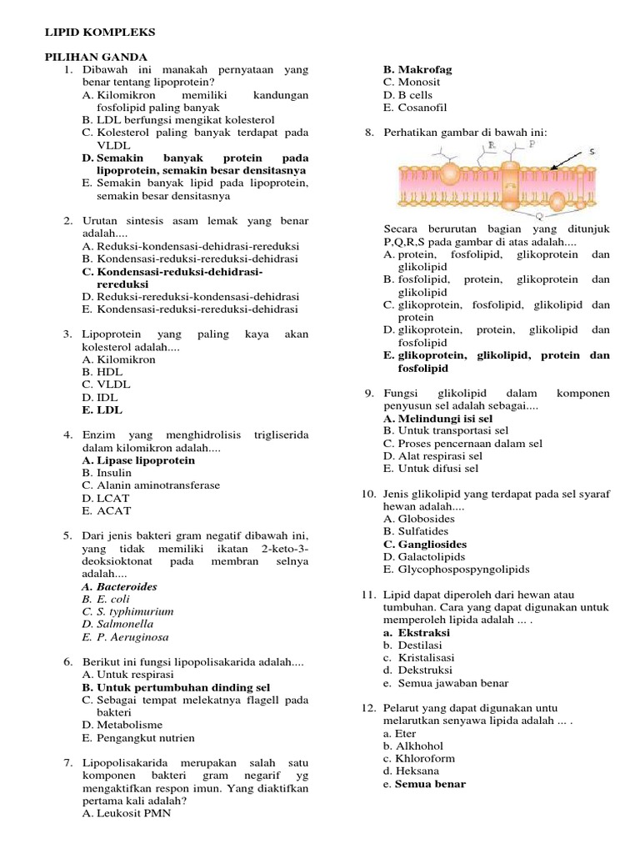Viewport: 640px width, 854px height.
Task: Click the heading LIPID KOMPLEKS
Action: pyautogui.click(x=98, y=32)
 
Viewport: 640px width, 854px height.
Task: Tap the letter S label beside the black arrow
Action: pyautogui.click(x=592, y=152)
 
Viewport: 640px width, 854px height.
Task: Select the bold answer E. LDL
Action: pyautogui.click(x=102, y=410)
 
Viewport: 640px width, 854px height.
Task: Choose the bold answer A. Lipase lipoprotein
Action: pyautogui.click(x=138, y=460)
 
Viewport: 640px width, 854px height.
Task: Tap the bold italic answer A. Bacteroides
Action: pyautogui.click(x=119, y=586)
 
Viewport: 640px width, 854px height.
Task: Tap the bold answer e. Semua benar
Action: pyautogui.click(x=424, y=784)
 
